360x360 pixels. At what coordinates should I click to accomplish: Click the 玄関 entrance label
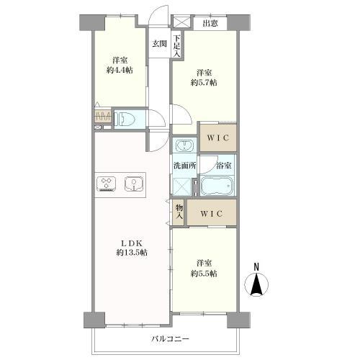tap(160, 44)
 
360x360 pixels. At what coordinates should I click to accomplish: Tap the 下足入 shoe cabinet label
tap(177, 46)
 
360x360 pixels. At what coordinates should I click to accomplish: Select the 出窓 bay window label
tap(210, 23)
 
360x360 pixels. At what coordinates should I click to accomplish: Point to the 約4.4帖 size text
tap(120, 71)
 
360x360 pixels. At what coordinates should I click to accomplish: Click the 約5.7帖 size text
tap(204, 83)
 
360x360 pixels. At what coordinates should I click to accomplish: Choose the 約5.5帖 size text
tap(204, 274)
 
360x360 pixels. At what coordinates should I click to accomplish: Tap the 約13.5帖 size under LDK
tap(132, 253)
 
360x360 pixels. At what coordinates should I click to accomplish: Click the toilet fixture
tap(125, 120)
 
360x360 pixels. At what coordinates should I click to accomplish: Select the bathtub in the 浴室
tap(217, 186)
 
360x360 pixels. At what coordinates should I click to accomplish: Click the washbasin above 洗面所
tap(184, 145)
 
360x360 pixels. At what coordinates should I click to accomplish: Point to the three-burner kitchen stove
tap(106, 184)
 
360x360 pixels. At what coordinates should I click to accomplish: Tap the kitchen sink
tap(135, 184)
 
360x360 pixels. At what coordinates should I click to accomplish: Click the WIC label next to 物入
tap(212, 213)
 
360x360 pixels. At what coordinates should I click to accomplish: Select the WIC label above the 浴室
tap(218, 138)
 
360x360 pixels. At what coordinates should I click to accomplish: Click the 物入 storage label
tap(179, 212)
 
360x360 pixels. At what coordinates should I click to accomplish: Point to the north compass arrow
tap(256, 284)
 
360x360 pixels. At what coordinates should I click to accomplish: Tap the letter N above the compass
tap(256, 267)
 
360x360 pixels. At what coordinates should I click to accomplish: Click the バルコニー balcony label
tap(171, 339)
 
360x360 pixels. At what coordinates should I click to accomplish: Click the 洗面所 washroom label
tap(184, 166)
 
